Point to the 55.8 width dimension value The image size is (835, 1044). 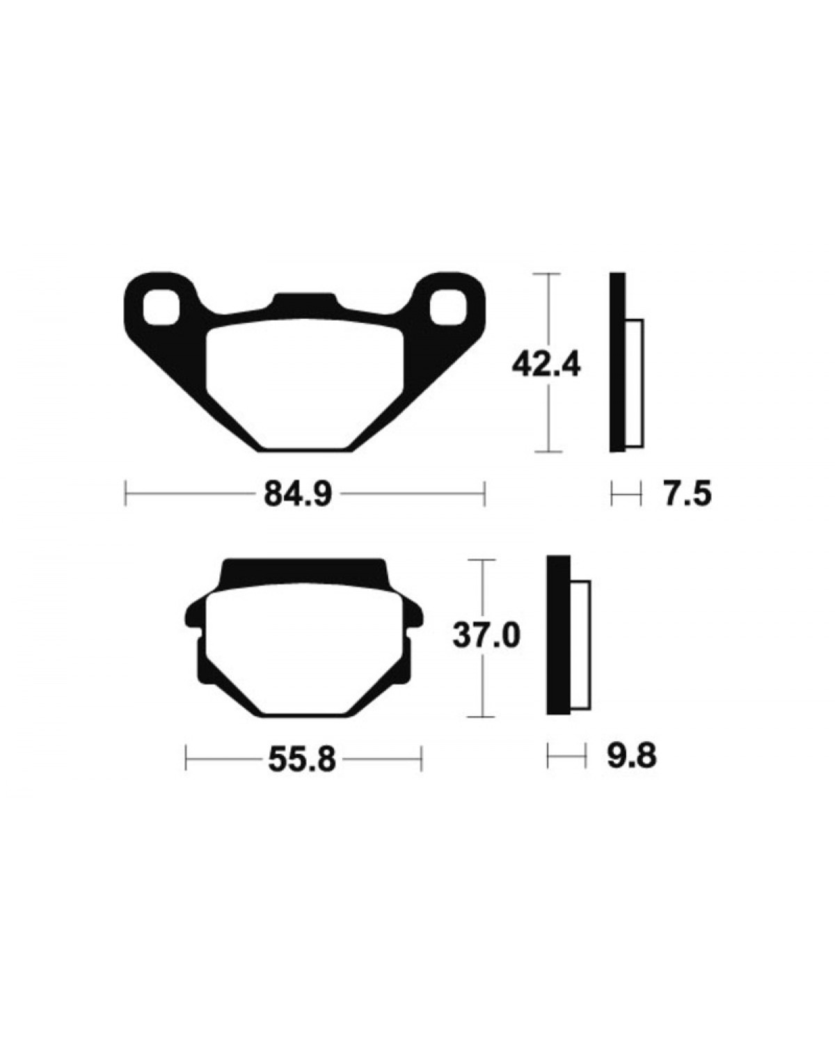coord(302,760)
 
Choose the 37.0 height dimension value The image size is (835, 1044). coord(486,636)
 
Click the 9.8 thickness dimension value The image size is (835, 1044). coord(632,756)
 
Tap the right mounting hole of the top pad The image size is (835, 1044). coord(449,307)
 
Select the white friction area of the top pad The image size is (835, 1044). coord(305,383)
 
